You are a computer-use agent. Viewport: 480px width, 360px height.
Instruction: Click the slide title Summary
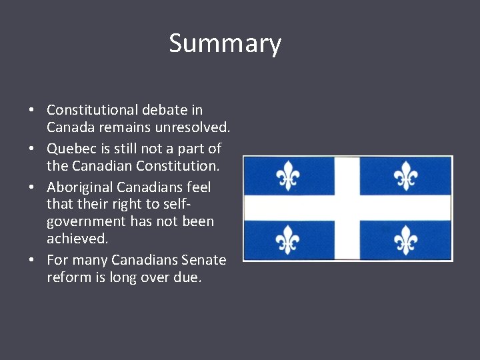coord(225,43)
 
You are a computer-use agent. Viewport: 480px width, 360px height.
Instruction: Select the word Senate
coord(204,260)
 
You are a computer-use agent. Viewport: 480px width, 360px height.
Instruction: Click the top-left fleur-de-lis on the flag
coord(287,177)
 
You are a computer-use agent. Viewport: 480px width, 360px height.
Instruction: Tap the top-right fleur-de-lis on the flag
coord(405,177)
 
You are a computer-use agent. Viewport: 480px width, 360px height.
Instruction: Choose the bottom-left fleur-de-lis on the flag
coord(287,239)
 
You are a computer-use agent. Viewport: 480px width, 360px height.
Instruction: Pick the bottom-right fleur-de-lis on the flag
coord(405,239)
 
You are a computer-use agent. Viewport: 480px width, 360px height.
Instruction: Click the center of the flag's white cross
coord(347,208)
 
